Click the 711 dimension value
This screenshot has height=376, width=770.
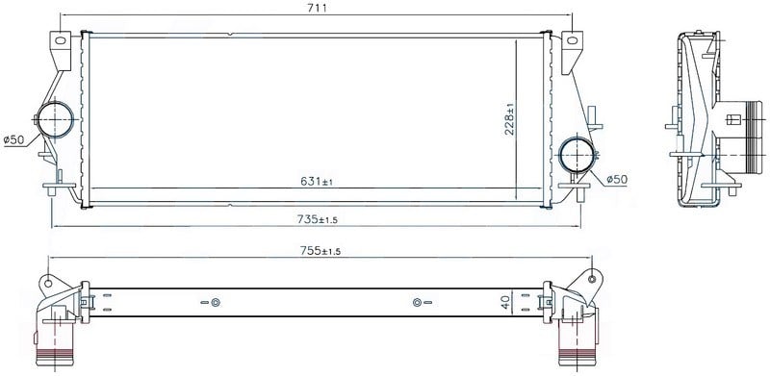(x=318, y=8)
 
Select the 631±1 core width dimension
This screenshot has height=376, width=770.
(x=317, y=181)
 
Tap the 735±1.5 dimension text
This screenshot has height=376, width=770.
(x=318, y=219)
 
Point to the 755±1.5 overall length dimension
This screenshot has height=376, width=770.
(x=321, y=251)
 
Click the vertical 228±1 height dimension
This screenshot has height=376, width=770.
(x=509, y=119)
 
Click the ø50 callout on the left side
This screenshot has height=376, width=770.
(x=13, y=139)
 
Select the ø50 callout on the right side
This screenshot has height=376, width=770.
(x=617, y=180)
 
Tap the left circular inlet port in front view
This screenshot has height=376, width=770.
(x=55, y=119)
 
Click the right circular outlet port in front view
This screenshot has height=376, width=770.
(x=577, y=155)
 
